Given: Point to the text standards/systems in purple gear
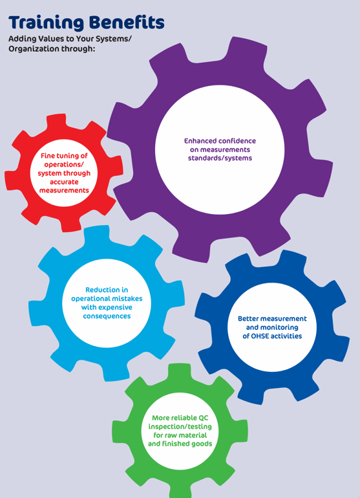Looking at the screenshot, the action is [x=220, y=158].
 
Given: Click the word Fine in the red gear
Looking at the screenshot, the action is [x=48, y=156].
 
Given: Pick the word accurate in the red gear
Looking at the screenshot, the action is [x=64, y=182].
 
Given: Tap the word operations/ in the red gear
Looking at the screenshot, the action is [x=64, y=165].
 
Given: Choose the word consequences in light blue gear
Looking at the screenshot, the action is [x=107, y=316].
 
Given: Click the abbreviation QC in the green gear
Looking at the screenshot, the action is [x=204, y=418].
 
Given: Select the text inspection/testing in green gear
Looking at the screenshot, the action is [x=180, y=427].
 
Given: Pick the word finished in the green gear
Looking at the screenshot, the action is [x=175, y=444].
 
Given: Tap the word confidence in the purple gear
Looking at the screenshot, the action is [x=237, y=141].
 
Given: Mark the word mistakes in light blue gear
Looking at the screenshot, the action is [x=127, y=299].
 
